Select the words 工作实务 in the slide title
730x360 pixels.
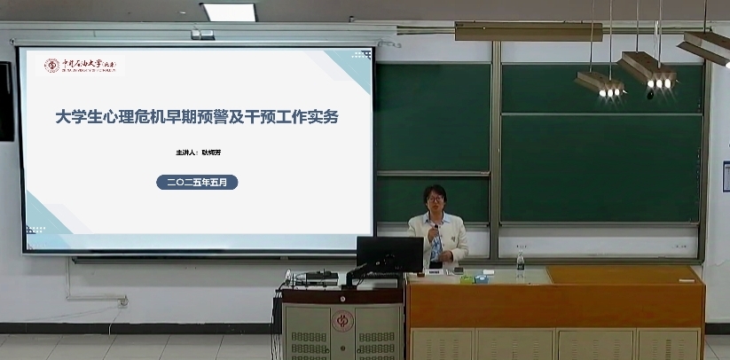click(310, 117)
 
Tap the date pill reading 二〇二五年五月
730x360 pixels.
click(197, 182)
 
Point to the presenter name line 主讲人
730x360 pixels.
click(197, 153)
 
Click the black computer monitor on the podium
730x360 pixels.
click(389, 254)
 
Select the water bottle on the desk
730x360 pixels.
click(521, 262)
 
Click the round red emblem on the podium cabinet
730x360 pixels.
click(341, 320)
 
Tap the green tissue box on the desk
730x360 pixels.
click(480, 278)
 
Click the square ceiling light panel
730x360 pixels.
click(228, 12)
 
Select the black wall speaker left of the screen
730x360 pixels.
click(6, 101)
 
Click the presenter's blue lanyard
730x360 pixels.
click(436, 244)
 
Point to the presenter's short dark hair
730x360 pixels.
click(435, 190)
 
